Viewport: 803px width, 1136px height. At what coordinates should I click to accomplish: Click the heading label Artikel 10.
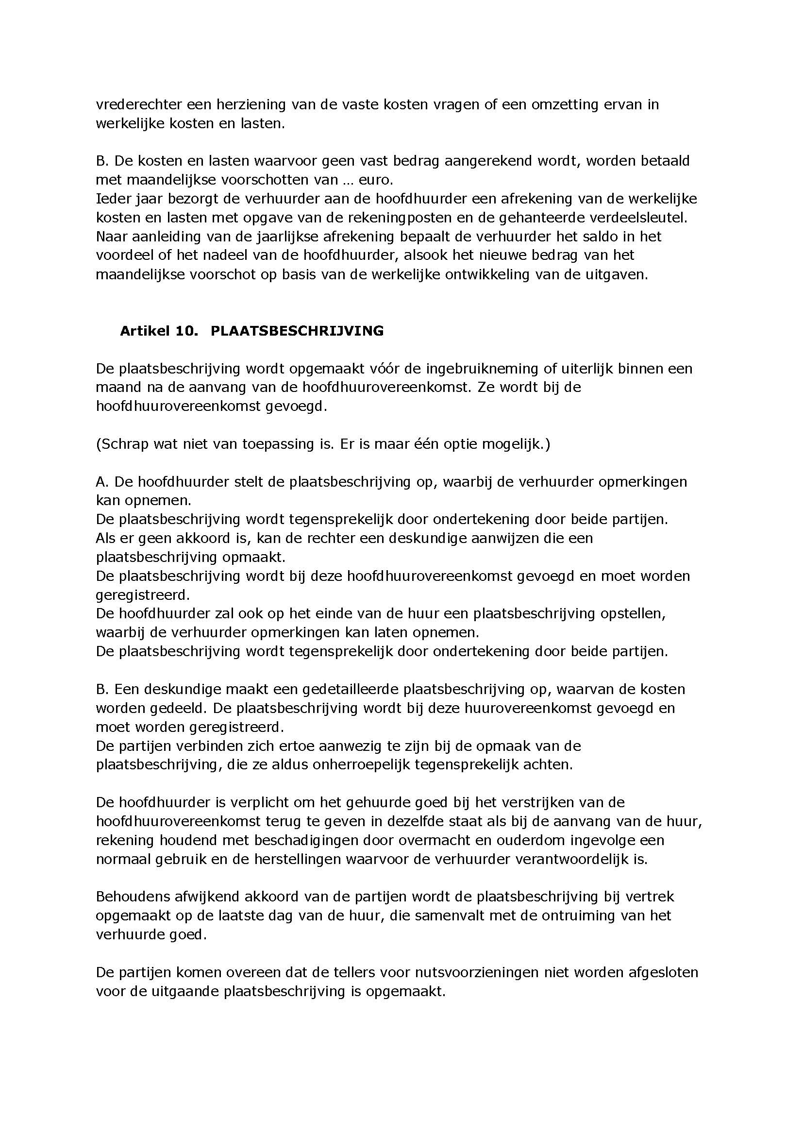158,331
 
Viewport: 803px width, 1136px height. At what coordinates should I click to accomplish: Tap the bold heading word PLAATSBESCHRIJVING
297,331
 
